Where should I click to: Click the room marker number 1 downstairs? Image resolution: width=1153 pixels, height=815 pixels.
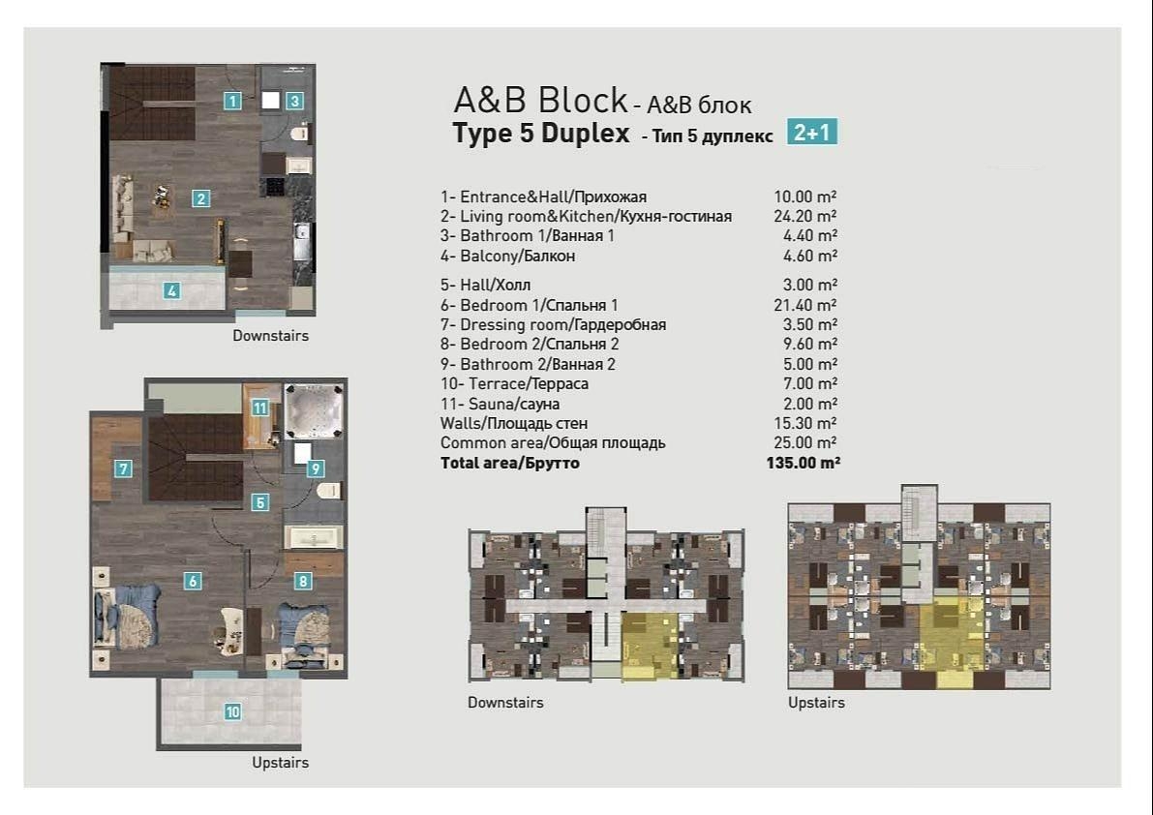[232, 99]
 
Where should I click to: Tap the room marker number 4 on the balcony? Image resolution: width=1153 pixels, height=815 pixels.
[171, 289]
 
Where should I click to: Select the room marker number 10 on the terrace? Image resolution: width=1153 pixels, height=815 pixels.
[232, 711]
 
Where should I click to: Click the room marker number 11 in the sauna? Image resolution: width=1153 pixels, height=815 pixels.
[259, 407]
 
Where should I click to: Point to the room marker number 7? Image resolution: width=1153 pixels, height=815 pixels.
[123, 469]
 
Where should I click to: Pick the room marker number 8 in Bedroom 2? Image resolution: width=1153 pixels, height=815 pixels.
[304, 581]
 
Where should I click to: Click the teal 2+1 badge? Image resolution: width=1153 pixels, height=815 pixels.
[811, 132]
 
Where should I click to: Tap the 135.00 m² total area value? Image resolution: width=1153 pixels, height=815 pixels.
[803, 464]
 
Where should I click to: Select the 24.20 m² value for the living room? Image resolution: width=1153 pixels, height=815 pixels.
[805, 216]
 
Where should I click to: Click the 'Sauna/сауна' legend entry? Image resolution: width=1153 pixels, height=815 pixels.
[500, 404]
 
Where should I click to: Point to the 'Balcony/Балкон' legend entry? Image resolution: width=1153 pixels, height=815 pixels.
[507, 256]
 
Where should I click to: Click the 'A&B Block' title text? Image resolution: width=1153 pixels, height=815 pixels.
[540, 100]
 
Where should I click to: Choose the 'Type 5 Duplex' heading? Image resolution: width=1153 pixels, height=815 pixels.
[541, 134]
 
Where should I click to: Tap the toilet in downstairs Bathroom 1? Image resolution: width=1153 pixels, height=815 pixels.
[300, 133]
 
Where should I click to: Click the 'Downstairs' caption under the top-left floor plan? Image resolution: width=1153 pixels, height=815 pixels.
[270, 336]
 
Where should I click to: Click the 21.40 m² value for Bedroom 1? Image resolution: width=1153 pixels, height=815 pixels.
[805, 305]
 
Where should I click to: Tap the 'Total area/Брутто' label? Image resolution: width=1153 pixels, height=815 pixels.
[509, 464]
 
